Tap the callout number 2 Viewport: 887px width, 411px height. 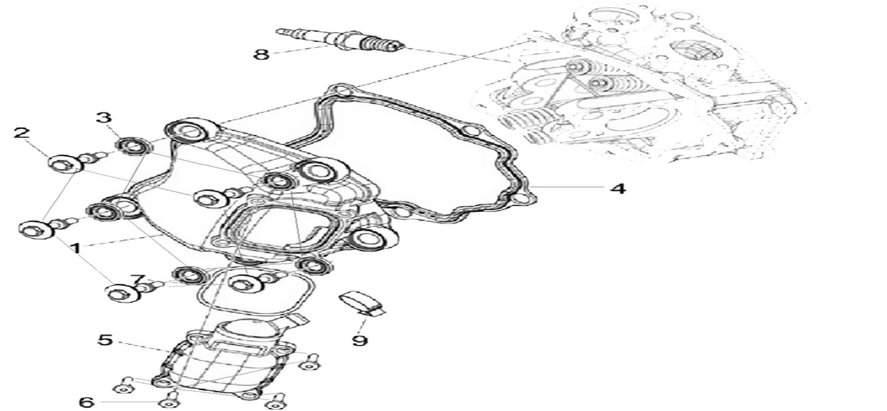coord(21,133)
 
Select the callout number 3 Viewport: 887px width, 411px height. coord(104,118)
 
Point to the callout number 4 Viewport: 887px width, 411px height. coord(618,188)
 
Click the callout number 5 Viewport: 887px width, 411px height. coord(105,340)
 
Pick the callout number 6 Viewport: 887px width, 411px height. coord(86,402)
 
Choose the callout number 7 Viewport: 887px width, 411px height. coord(138,280)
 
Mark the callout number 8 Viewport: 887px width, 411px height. coord(261,55)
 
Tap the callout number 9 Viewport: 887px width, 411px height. coord(360,341)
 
